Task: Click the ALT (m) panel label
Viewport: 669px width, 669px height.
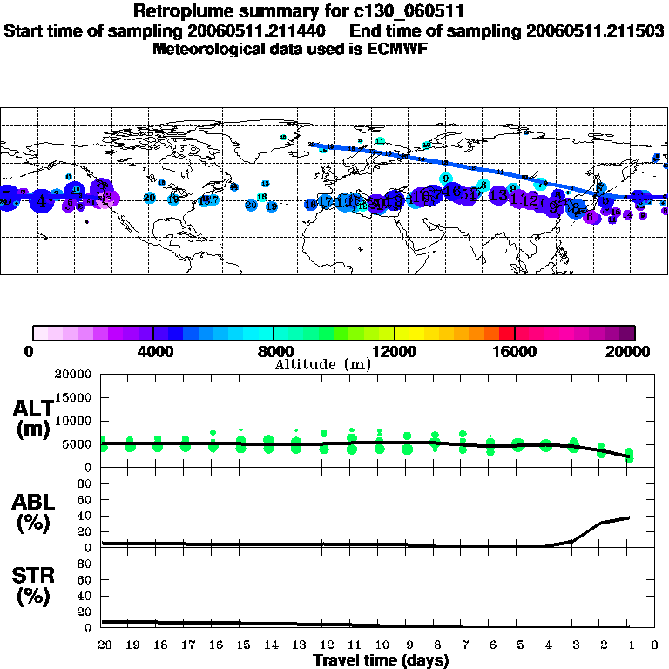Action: [32, 419]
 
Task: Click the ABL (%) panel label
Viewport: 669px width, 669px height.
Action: [32, 513]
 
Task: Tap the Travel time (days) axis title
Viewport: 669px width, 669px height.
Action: [381, 661]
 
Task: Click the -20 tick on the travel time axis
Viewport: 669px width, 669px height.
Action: [101, 645]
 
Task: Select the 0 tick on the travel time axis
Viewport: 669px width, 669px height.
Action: [656, 645]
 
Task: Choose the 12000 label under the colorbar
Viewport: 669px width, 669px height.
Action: [395, 351]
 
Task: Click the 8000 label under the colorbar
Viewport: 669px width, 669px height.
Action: [274, 351]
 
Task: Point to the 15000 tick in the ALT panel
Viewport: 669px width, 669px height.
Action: [73, 397]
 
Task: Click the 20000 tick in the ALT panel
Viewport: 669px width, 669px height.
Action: [73, 375]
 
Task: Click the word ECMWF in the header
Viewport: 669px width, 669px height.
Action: [398, 48]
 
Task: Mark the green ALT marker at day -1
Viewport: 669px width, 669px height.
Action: [629, 456]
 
